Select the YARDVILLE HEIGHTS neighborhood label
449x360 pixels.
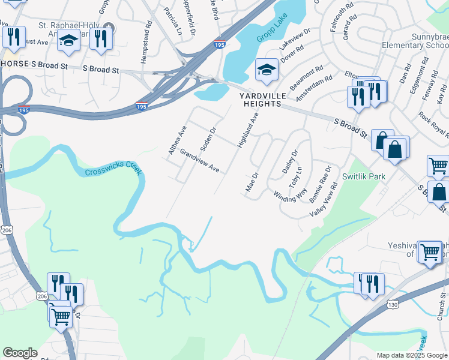click(261, 100)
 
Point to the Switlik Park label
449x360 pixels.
click(364, 176)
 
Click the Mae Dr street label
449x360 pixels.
click(252, 182)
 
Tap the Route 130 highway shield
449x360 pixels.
click(393, 305)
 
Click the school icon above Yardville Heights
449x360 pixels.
click(267, 70)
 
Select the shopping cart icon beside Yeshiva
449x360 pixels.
click(430, 253)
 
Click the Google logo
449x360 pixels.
click(20, 353)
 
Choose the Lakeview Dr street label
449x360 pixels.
click(294, 40)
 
